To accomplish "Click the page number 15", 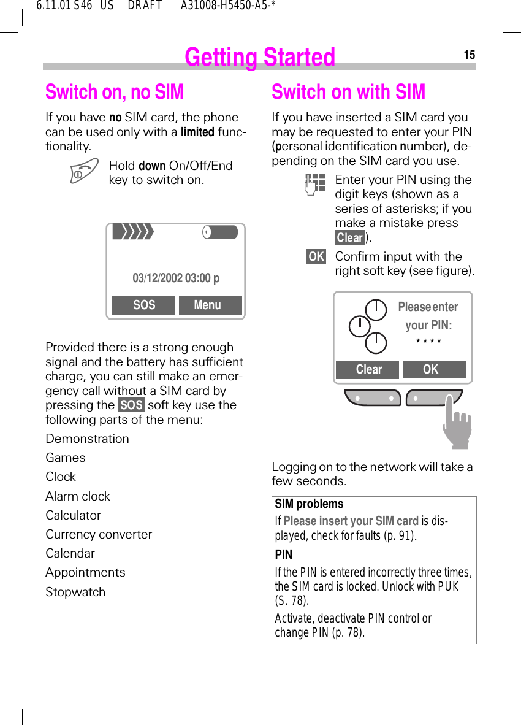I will pos(469,55).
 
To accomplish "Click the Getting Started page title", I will pos(260,57).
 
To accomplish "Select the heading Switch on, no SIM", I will pos(115,92).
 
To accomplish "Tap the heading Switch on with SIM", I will pos(348,92).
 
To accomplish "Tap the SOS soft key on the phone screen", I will pos(144,305).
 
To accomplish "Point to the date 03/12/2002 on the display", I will pos(158,278).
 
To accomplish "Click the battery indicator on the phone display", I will pos(219,232).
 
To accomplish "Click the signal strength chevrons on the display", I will pos(134,232).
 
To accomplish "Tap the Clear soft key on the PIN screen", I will pos(368,369).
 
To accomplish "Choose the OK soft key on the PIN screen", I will pos(432,369).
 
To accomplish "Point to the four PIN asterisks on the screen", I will pos(428,342).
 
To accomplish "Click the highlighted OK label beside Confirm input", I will pos(316,256).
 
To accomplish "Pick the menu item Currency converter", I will pos(99,534).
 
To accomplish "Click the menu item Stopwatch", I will pos(75,592).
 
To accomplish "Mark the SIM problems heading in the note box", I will pos(309,504).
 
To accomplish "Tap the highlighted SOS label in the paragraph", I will pos(131,405).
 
